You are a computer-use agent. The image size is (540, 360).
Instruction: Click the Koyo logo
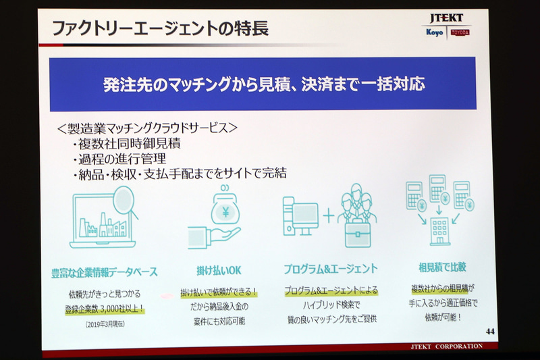click(x=435, y=32)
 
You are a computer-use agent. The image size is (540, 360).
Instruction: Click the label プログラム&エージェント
click(x=331, y=269)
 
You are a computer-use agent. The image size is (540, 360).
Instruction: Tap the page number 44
click(x=489, y=331)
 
